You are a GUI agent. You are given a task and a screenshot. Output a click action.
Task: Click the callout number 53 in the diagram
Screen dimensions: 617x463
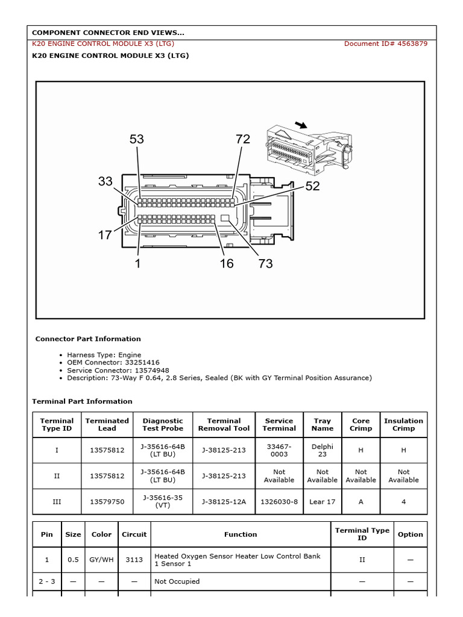coord(137,139)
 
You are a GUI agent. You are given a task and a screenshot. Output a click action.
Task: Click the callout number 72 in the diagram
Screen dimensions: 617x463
coord(242,139)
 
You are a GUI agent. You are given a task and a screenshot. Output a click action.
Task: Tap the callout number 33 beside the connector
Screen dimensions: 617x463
coord(106,181)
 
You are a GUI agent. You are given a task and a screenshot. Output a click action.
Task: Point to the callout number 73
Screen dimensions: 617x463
coord(265,263)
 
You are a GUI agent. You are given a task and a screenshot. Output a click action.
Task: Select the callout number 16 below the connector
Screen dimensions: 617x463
coord(227,263)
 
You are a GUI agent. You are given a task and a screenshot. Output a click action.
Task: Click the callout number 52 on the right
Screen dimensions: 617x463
coord(312,186)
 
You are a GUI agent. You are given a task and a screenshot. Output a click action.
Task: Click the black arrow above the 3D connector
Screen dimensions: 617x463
coord(300,125)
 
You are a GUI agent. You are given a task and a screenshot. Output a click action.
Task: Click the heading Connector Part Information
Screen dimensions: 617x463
coord(88,339)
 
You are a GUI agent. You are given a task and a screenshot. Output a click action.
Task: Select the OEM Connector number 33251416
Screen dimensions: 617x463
coord(142,363)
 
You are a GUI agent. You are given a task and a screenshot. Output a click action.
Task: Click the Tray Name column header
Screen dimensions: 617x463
coord(323,425)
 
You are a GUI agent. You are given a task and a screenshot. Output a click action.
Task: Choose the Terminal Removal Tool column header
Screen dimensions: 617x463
coord(224,425)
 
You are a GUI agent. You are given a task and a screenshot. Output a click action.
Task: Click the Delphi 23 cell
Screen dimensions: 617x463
coord(323,450)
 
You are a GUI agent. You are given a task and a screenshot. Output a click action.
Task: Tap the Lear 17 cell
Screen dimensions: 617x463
coord(323,501)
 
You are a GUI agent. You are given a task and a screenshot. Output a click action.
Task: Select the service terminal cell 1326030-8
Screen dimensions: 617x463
coord(279,501)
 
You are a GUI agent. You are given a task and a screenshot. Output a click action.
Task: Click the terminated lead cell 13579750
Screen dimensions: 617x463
coord(107,501)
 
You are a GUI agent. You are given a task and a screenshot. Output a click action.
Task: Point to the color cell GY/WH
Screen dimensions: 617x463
coord(101,560)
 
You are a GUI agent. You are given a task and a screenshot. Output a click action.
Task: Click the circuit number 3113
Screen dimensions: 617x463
coord(134,560)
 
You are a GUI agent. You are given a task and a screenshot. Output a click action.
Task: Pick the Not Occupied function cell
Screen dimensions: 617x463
coord(177,581)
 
